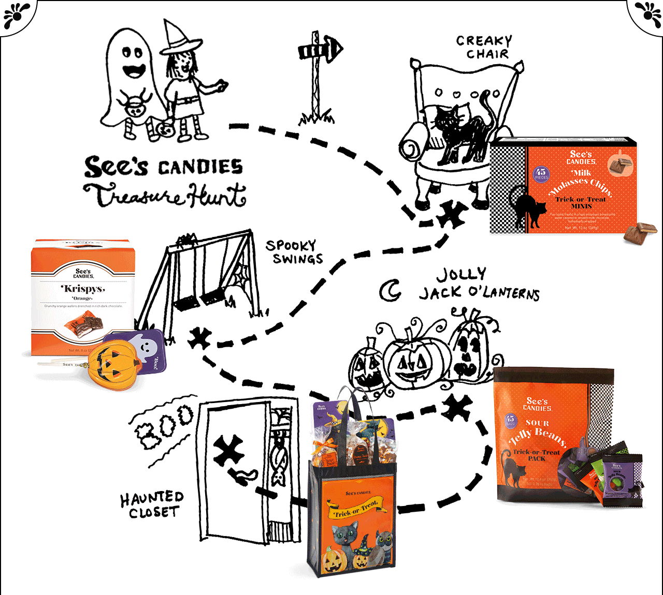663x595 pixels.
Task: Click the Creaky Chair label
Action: [x=484, y=47]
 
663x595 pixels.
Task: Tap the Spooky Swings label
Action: [x=294, y=252]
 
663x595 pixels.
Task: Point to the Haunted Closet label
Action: [x=152, y=504]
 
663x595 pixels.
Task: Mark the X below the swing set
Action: [x=199, y=338]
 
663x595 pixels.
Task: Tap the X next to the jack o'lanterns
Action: [x=456, y=407]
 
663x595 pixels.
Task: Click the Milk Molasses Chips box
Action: [x=565, y=186]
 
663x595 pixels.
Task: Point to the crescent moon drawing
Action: [x=390, y=291]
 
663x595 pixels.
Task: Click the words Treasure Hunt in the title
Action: [x=165, y=196]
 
